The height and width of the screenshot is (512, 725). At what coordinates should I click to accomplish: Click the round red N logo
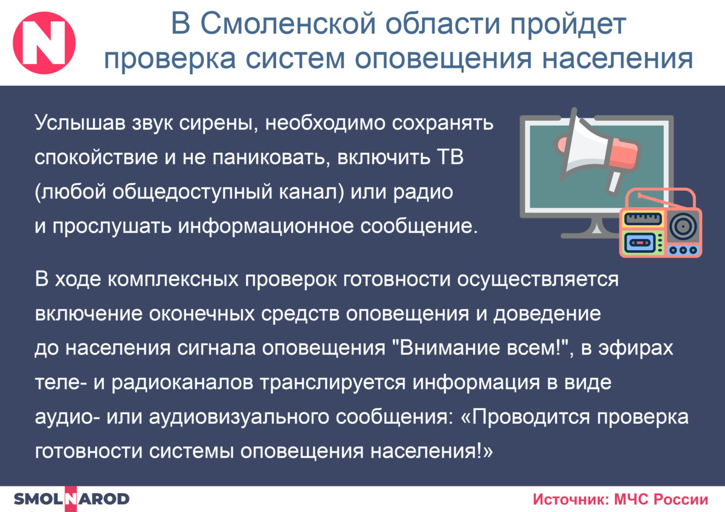click(x=44, y=43)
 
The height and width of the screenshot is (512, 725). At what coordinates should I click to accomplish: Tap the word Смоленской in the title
click(x=288, y=24)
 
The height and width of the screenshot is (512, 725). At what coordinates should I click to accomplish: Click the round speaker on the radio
click(x=683, y=226)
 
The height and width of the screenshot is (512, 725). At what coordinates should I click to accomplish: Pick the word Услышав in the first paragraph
click(x=80, y=123)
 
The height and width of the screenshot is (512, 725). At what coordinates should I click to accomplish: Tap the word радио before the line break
click(x=423, y=193)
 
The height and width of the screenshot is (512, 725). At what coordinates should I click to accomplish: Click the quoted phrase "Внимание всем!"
click(x=482, y=348)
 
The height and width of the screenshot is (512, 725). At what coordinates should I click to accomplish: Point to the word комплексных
click(x=173, y=280)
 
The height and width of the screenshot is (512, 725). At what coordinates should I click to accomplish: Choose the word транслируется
click(x=333, y=383)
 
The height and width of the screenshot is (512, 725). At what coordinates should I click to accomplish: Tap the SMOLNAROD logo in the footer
click(x=71, y=499)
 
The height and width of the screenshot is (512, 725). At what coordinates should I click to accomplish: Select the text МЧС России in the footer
click(x=661, y=499)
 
